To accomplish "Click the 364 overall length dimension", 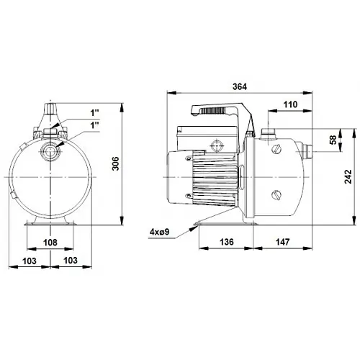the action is coord(240,86).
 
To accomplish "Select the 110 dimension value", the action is coord(290,104).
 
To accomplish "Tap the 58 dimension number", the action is coord(333,140).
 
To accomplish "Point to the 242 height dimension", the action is coord(348,176).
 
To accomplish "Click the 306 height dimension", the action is coord(116,163).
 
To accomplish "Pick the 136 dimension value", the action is coord(227,242).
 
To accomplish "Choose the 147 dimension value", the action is coord(282,242).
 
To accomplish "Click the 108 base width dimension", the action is coord(50,243).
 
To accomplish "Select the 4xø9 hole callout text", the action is coord(160,232).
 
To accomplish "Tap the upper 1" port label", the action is coord(94,113).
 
